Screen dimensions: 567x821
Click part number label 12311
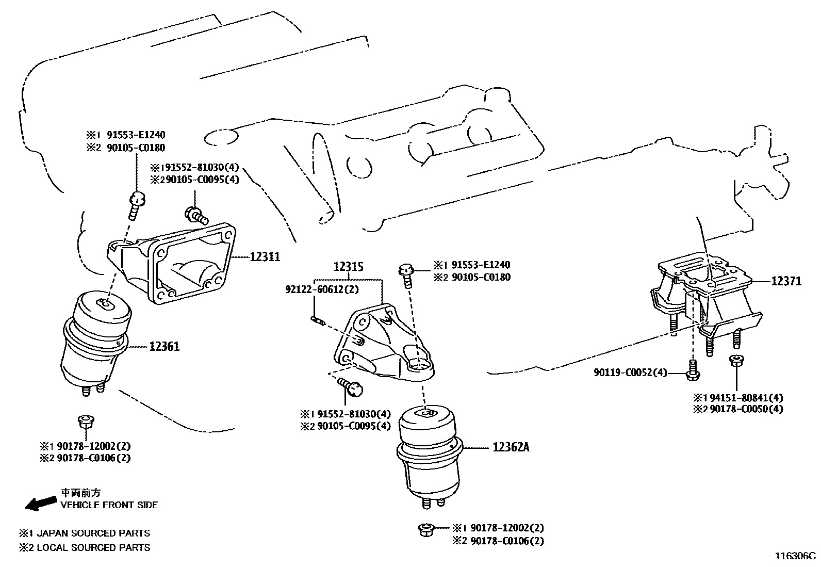coord(265,256)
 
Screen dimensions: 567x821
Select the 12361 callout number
coord(165,347)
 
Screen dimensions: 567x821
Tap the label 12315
coord(348,267)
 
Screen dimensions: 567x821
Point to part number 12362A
coord(511,447)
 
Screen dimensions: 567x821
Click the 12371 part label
coord(786,281)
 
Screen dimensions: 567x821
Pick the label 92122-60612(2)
coord(322,290)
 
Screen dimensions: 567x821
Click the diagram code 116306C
coord(795,556)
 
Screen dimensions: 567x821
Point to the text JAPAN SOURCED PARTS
coord(92,533)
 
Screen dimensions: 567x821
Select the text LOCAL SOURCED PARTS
coord(93,547)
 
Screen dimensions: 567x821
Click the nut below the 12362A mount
coord(426,529)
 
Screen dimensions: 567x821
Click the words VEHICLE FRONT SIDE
coord(109,505)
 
